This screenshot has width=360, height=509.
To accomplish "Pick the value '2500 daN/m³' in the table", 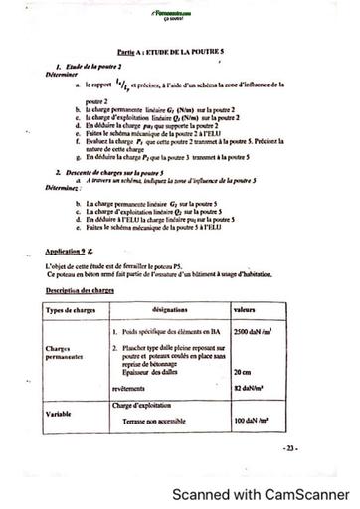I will [254, 329].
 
